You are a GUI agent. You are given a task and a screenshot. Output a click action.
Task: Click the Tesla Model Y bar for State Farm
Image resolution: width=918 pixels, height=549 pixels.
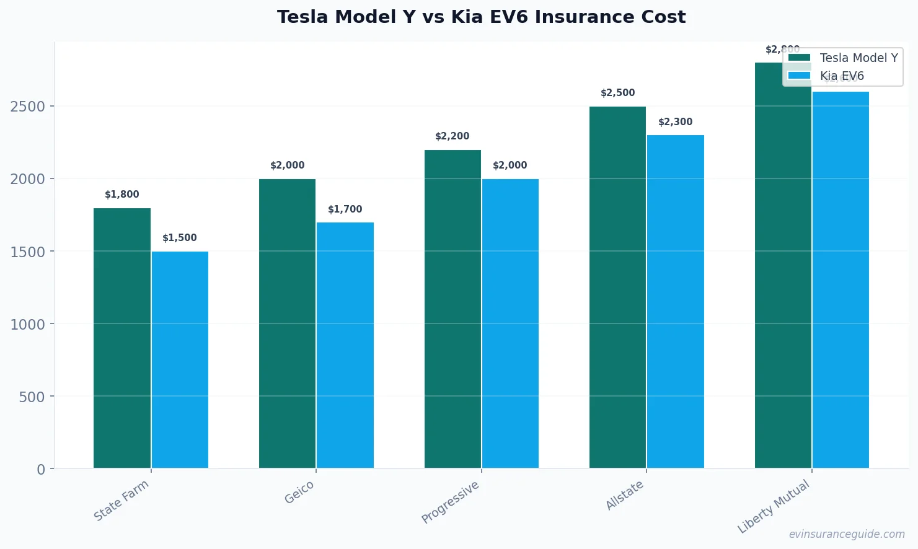[122, 338]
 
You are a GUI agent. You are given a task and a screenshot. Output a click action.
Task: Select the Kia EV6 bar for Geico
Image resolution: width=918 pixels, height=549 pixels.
[345, 345]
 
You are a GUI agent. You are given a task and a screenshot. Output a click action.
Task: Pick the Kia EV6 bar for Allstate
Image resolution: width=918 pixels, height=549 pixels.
[676, 301]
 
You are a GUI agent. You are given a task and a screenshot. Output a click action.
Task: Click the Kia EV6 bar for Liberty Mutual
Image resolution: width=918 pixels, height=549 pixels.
[841, 279]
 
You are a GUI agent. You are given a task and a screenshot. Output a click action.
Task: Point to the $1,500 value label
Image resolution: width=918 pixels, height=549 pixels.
[180, 238]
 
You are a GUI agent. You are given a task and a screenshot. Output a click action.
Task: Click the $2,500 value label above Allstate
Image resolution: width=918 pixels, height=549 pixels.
[618, 93]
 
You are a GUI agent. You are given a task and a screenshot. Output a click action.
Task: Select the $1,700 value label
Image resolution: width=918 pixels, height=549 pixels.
[345, 209]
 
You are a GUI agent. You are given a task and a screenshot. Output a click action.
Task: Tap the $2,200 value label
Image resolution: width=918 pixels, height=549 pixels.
[452, 136]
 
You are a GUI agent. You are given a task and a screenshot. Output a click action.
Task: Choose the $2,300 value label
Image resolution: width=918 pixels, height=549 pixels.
[676, 122]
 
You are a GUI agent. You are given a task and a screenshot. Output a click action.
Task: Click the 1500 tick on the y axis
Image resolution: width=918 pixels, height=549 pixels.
[28, 252]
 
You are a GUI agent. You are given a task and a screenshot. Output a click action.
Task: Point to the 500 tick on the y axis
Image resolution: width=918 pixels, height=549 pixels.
[32, 397]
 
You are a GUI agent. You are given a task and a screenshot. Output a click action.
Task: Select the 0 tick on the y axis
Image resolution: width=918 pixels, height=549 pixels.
[41, 469]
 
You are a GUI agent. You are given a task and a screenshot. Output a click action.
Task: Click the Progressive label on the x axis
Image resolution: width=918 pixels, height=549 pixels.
[451, 501]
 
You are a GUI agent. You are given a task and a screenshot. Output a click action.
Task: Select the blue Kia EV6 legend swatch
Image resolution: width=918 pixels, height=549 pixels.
[799, 76]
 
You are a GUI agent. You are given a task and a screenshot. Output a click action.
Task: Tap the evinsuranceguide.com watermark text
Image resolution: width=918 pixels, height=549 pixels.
[847, 534]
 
